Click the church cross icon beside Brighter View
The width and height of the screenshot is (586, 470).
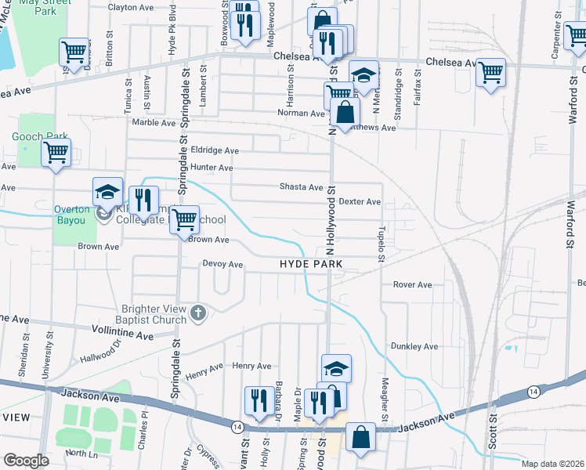(199, 313)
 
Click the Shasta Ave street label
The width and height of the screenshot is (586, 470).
(302, 187)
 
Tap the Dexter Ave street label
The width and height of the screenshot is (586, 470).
(360, 201)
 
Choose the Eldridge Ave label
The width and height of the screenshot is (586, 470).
(215, 150)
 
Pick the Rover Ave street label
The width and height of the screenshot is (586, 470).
(412, 285)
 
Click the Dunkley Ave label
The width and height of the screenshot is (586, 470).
(414, 346)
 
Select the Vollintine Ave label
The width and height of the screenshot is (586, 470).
(123, 334)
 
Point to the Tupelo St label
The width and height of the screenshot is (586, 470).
(382, 234)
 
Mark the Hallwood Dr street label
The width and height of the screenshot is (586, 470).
(102, 352)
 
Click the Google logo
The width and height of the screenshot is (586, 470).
(25, 461)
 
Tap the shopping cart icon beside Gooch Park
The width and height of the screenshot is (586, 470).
(56, 153)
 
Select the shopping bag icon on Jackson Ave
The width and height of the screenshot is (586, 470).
(361, 439)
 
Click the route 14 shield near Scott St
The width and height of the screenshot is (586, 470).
(533, 390)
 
